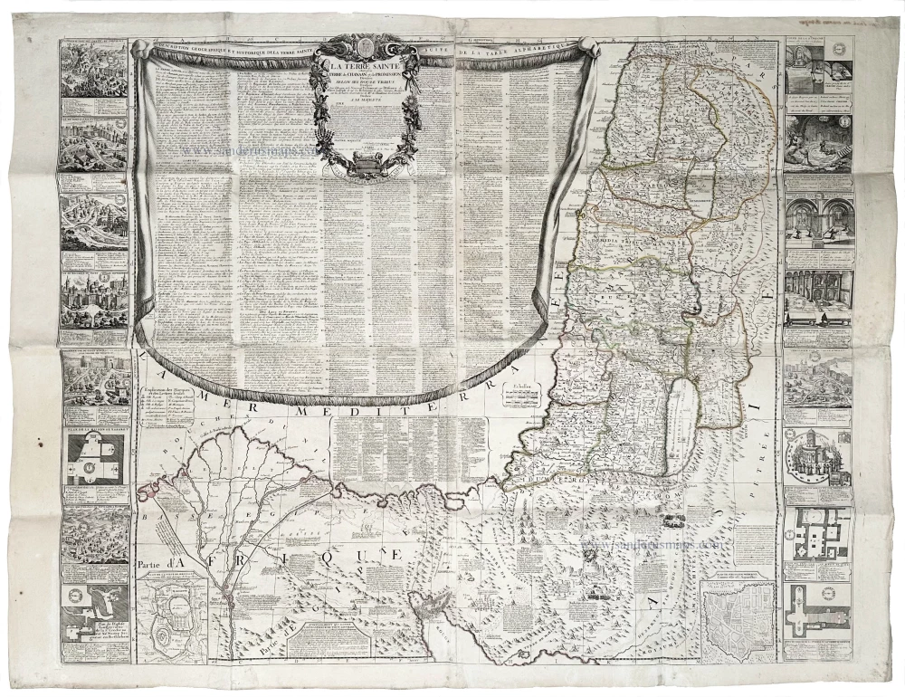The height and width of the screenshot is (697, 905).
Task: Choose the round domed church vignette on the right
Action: [817, 457]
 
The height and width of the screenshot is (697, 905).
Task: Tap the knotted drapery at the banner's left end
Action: [140, 51]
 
